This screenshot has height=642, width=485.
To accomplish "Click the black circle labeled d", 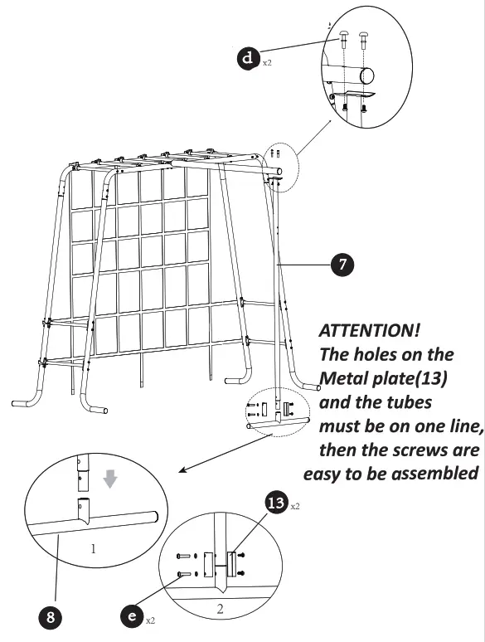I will [x=247, y=58].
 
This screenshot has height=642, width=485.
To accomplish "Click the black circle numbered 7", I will [x=341, y=265].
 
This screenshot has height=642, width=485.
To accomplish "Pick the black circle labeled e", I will [x=130, y=616].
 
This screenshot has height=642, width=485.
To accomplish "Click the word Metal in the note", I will [x=341, y=380].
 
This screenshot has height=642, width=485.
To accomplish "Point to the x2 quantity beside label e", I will [x=150, y=620].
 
